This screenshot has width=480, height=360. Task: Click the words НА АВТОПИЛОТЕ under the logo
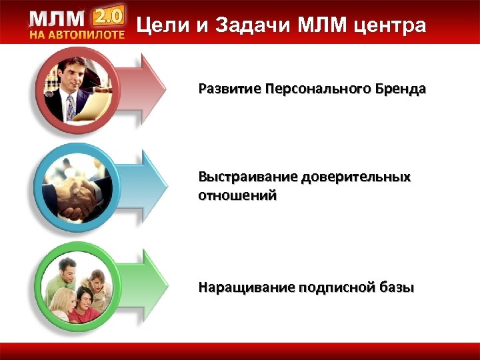[77, 35]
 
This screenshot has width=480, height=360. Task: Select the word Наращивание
[246, 288]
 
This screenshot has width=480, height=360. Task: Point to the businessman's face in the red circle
[69, 72]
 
